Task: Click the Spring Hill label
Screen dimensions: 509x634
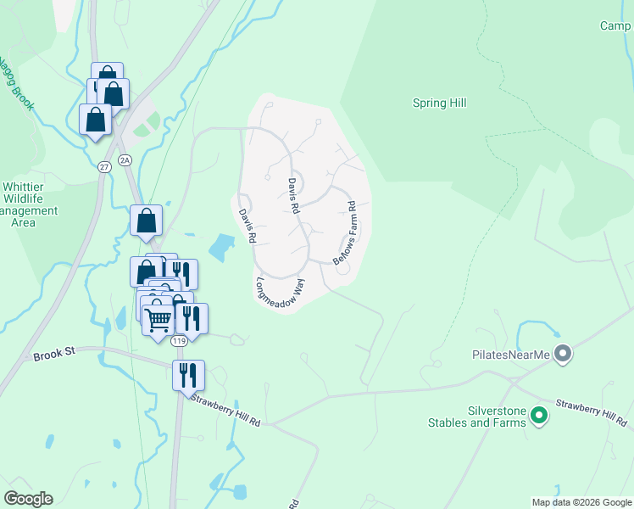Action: pyautogui.click(x=440, y=103)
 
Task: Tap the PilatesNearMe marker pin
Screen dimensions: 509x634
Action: pyautogui.click(x=561, y=355)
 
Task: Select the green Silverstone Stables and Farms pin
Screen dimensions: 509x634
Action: pyautogui.click(x=538, y=416)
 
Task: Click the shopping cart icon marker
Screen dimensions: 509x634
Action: pyautogui.click(x=158, y=321)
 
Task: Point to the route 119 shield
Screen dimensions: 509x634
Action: pyautogui.click(x=178, y=341)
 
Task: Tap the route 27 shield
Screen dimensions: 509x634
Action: pyautogui.click(x=104, y=166)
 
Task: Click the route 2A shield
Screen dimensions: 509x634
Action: pyautogui.click(x=125, y=159)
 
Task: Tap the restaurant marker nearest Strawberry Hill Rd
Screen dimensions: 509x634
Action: pyautogui.click(x=188, y=374)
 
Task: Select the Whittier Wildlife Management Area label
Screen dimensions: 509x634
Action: pyautogui.click(x=30, y=204)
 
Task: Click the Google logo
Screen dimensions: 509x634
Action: pyautogui.click(x=28, y=499)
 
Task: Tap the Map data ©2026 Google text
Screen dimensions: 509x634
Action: pyautogui.click(x=581, y=502)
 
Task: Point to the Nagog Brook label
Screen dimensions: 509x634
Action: pyautogui.click(x=15, y=83)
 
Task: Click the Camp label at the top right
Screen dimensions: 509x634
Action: pyautogui.click(x=616, y=26)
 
